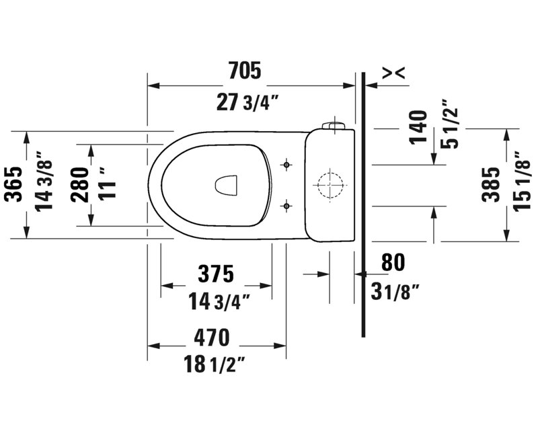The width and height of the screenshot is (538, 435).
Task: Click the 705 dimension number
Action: pos(245,71)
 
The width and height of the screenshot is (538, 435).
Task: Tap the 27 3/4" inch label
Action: pos(247,102)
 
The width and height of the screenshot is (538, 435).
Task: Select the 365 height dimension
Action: pos(15,185)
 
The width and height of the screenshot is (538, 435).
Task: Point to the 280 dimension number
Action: pos(79,185)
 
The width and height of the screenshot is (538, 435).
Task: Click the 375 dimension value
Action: pos(216,274)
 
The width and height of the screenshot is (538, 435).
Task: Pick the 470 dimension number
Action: pos(211,338)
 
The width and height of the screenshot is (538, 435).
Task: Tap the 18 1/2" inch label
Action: pos(215,364)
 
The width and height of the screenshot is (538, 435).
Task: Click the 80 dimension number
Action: pos(393,262)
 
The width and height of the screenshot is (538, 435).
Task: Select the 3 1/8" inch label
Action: pos(395,292)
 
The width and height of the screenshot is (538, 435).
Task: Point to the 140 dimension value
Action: pos(418,127)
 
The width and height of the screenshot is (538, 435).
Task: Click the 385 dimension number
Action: pos(491,185)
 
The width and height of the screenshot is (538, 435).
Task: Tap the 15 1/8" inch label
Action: pos(523,182)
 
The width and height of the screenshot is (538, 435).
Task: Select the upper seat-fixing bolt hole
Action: pos(286,165)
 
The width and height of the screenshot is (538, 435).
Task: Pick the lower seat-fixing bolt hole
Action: pos(286,206)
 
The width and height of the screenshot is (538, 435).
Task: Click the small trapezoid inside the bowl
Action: pos(227,186)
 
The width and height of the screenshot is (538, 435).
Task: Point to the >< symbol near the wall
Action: pos(393,73)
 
